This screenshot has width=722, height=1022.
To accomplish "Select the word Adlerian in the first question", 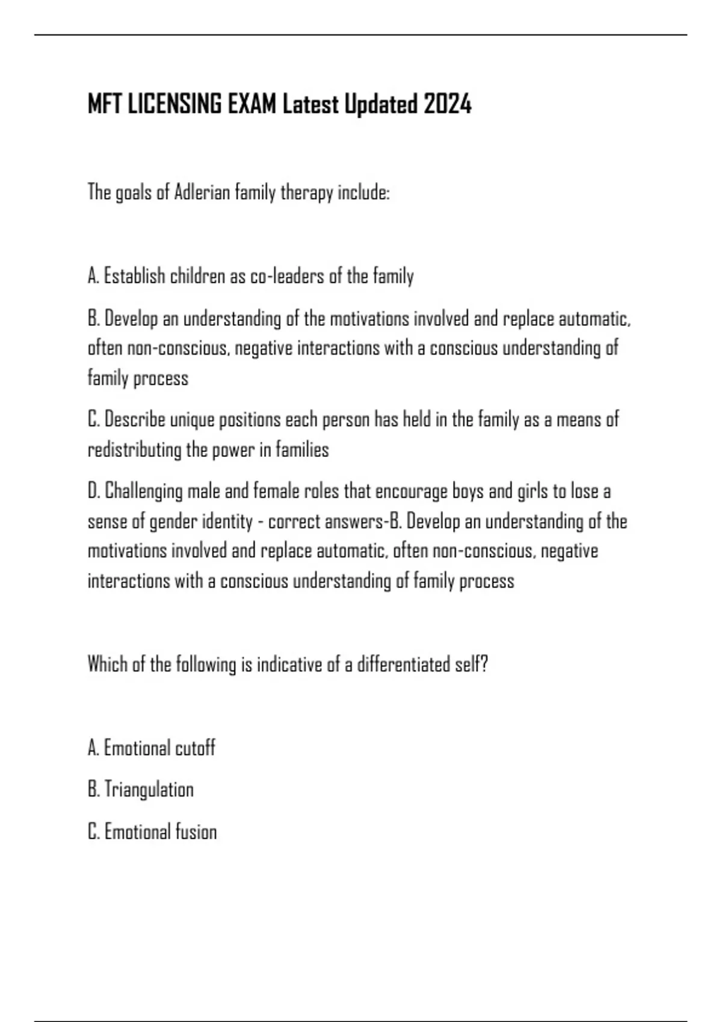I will tap(202, 193).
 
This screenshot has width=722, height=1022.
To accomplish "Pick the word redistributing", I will tap(135, 450).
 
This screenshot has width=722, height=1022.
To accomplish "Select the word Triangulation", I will tap(149, 789).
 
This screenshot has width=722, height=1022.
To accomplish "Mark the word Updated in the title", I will tap(380, 105).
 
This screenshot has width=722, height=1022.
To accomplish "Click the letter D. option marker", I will tap(93, 491).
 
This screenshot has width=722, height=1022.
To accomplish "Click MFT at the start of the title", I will tap(103, 105).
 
